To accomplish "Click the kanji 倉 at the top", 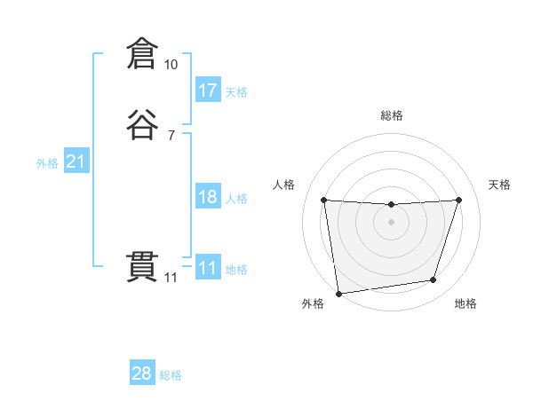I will tap(141, 54).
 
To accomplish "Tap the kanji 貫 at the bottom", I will tap(141, 267).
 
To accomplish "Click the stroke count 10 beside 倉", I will tap(171, 65).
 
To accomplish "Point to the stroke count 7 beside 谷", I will tap(171, 136).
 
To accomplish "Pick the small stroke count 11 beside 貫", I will tap(171, 278).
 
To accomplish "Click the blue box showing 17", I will tap(208, 90).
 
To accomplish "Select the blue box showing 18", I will tap(208, 197).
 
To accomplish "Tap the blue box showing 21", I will tap(76, 161).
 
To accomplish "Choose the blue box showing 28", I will tap(142, 374).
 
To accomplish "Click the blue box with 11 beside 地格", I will tap(208, 268).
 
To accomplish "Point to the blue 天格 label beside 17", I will tap(236, 92).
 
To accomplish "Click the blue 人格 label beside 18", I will tap(236, 199).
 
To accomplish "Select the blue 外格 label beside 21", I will tap(47, 163).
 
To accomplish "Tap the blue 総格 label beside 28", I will tap(171, 375).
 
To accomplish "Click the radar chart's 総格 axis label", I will tap(391, 115).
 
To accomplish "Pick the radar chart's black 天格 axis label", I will tap(500, 185).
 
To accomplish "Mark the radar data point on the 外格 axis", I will tap(338, 293).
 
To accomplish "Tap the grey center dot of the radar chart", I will tap(391, 222).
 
